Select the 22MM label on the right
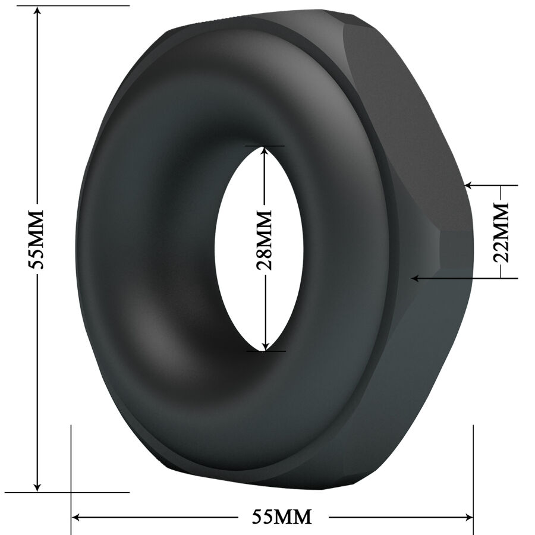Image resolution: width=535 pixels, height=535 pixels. pyautogui.click(x=502, y=232)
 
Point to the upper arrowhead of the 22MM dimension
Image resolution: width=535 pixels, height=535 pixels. pyautogui.click(x=470, y=185)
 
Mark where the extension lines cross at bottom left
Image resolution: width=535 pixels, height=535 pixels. pyautogui.click(x=71, y=492)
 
